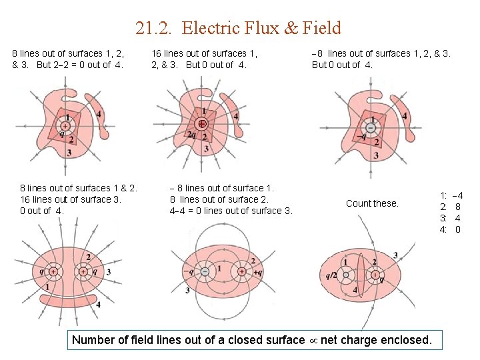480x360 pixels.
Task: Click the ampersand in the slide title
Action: coord(292,28)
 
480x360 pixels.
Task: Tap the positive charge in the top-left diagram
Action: coord(65,125)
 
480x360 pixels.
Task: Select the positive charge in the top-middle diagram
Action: coord(201,124)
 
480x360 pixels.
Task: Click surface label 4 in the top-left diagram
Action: coord(99,115)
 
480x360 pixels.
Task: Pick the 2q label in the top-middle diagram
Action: coord(191,136)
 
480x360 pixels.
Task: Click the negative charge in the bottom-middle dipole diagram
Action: coord(205,271)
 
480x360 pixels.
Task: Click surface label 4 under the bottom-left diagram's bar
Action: coord(98,305)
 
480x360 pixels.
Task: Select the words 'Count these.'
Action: coord(372,203)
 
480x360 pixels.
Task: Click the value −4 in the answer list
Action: coord(457,195)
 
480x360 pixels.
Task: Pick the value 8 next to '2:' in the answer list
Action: coord(458,207)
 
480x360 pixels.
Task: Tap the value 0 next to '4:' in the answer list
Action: coord(458,229)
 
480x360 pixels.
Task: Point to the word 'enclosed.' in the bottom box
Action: coord(406,340)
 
